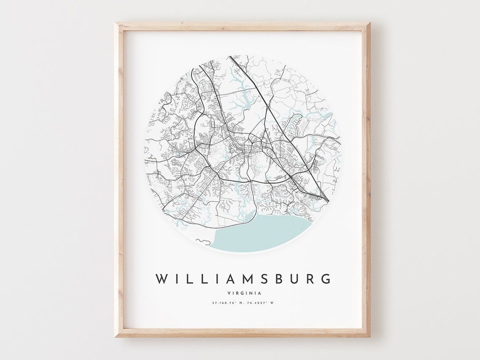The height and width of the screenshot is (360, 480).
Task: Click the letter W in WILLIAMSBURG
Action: tap(161, 279)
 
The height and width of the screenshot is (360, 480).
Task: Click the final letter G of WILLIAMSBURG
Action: tap(326, 279)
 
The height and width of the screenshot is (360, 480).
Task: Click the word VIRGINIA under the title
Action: tap(244, 293)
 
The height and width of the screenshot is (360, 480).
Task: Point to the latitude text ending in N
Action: tap(227, 303)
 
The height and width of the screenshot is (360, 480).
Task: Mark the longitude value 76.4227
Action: tap(257, 303)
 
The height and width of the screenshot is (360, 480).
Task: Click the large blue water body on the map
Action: tap(262, 233)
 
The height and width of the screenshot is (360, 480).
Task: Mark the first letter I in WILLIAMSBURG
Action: tap(176, 279)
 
